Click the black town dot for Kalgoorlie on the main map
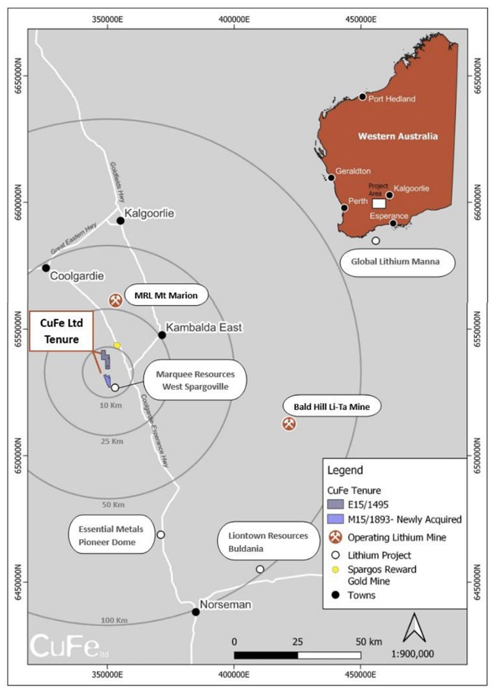click(x=120, y=220)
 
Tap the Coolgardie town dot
click(x=46, y=268)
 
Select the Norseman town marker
click(x=195, y=612)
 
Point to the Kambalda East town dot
click(x=162, y=335)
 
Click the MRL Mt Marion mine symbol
click(x=115, y=300)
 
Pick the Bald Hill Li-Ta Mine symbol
click(x=290, y=424)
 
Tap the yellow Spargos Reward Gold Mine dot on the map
click(x=117, y=345)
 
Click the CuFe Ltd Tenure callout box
click(x=61, y=331)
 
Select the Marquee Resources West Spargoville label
click(x=195, y=380)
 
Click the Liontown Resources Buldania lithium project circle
click(x=260, y=569)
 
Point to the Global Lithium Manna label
click(x=396, y=261)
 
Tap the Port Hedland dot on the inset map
click(x=363, y=97)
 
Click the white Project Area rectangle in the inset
click(x=379, y=203)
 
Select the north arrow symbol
click(x=415, y=627)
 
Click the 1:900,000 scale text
click(x=412, y=653)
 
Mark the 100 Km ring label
click(x=114, y=620)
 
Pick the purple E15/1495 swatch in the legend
click(x=335, y=504)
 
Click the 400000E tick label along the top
click(x=234, y=19)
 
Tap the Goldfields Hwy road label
click(x=118, y=182)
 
